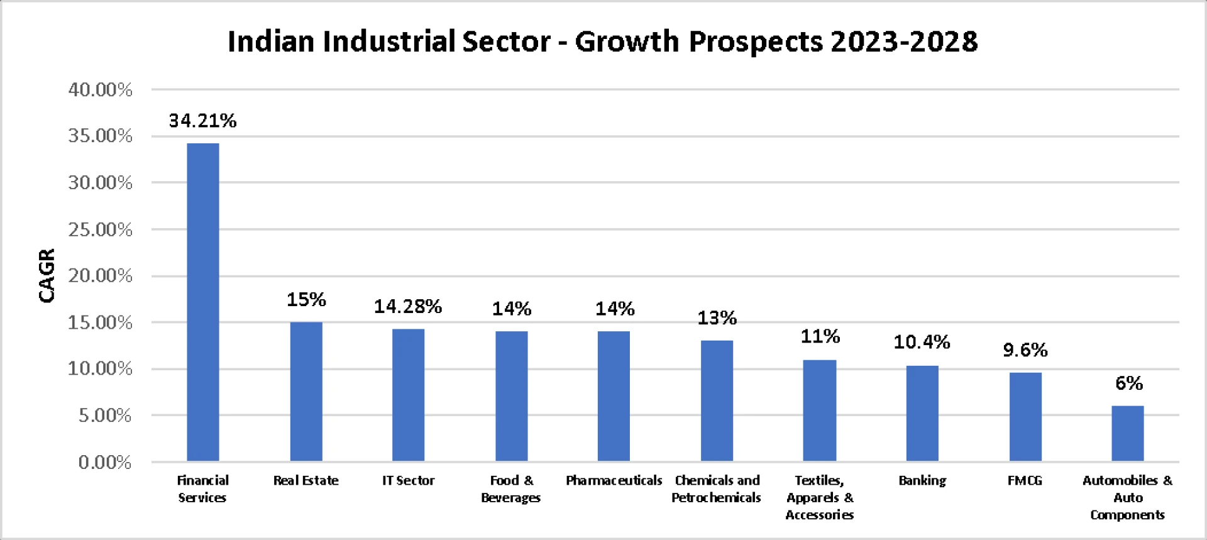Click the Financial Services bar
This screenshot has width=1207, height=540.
[x=203, y=302]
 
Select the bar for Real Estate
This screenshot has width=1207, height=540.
[x=306, y=391]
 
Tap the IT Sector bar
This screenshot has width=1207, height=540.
[x=409, y=395]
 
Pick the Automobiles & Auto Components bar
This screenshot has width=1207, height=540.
[x=1128, y=433]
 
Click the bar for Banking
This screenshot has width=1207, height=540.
[x=922, y=413]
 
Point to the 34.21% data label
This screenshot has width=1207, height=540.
[x=202, y=121]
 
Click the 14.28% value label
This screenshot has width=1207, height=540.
[x=408, y=307]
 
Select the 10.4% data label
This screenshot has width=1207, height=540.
[x=922, y=343]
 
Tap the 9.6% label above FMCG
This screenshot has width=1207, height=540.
[x=1025, y=350]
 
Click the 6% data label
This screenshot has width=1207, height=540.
[x=1128, y=383]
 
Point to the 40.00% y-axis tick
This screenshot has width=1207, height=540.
[x=101, y=90]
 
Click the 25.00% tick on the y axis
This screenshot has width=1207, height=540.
[x=101, y=229]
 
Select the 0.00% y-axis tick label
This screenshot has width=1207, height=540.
[x=105, y=463]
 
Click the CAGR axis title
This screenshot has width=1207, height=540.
[x=47, y=275]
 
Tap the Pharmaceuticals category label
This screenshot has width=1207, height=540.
[x=614, y=481]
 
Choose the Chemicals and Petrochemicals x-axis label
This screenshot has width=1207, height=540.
[x=717, y=489]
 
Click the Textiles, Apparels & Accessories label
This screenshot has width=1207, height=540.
[x=820, y=498]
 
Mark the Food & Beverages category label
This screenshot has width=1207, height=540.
[x=511, y=489]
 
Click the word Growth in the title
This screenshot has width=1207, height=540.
[x=627, y=41]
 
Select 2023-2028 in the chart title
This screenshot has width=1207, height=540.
[x=904, y=41]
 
